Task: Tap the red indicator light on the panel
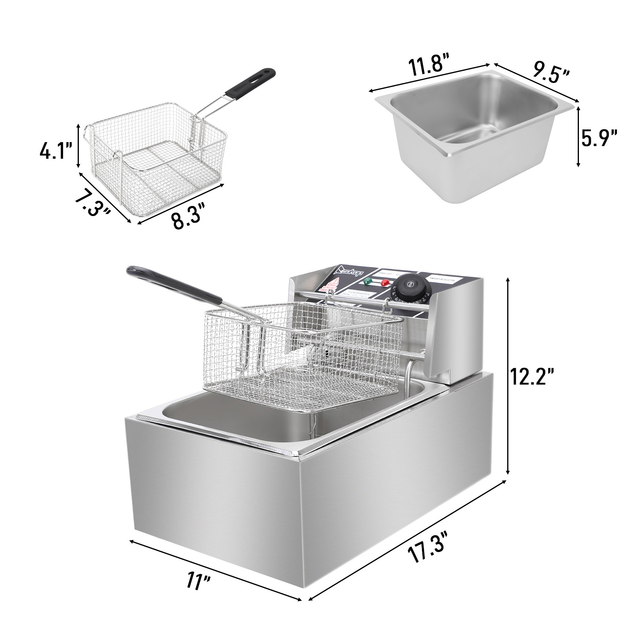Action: pos(384,283)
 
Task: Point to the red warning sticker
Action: pos(332,284)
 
